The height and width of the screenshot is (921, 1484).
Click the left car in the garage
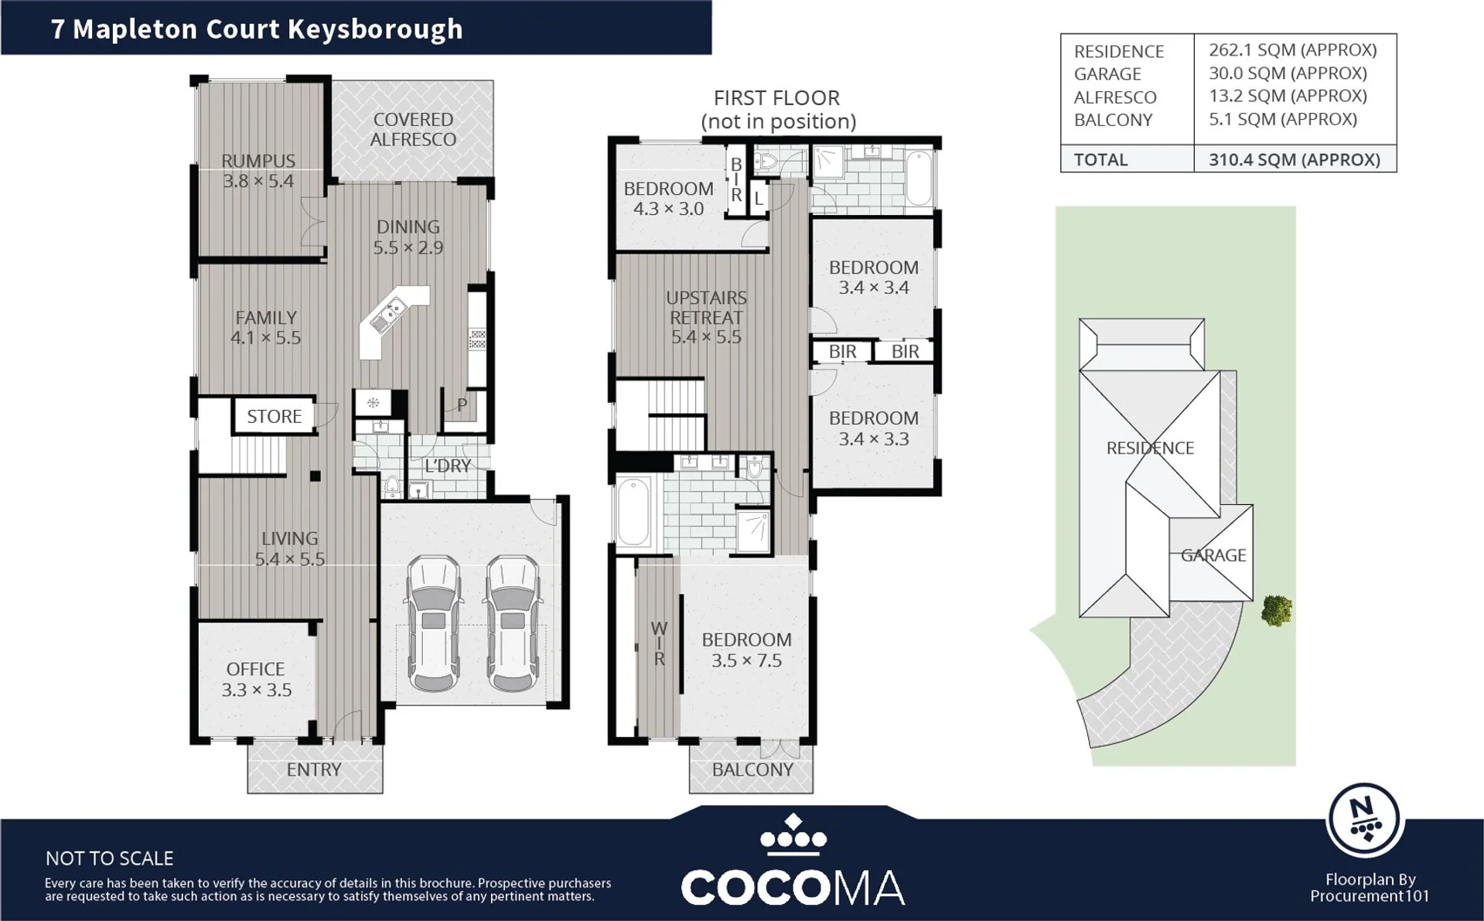[x=434, y=623]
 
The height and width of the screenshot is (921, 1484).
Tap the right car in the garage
[x=513, y=623]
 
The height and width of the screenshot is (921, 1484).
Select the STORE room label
[x=274, y=416]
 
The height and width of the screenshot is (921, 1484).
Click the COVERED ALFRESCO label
[x=413, y=129]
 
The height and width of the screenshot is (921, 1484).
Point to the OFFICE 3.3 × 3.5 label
[x=256, y=679]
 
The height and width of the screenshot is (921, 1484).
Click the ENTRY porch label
[x=314, y=769]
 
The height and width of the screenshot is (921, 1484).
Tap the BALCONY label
[x=752, y=769]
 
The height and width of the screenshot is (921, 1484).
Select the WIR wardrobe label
[x=659, y=643]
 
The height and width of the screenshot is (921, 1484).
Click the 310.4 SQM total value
[x=1295, y=159]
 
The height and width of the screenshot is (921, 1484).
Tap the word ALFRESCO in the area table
[x=1115, y=97]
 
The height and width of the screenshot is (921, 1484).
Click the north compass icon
[x=1365, y=820]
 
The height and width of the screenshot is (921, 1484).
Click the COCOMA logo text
[x=793, y=887]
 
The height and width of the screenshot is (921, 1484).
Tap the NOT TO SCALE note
[x=109, y=858]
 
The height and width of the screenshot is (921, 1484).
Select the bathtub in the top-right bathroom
[x=919, y=179]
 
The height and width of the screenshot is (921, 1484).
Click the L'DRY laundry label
[x=448, y=466]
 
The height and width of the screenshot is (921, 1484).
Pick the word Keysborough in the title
[x=375, y=29]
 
